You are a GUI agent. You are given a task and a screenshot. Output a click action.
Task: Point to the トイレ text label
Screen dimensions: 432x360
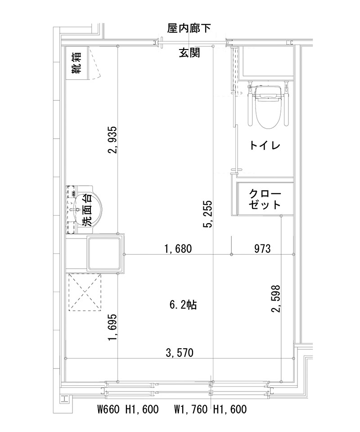[x=265, y=145]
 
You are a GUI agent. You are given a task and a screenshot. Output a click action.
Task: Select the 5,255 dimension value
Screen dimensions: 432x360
[x=207, y=213]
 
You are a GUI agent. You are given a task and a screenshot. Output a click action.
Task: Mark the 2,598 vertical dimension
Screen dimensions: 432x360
[x=275, y=298]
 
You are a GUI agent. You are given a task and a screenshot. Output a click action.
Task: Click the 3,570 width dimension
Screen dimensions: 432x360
[x=180, y=353]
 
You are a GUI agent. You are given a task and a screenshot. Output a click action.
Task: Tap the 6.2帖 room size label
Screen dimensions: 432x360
[x=182, y=305]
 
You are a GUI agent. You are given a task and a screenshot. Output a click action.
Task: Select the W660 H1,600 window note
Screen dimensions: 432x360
[x=128, y=410]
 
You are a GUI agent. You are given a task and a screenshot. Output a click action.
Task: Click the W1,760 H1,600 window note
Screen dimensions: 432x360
[x=210, y=410]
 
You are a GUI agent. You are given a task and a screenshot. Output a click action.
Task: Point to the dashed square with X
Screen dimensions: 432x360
[x=85, y=292]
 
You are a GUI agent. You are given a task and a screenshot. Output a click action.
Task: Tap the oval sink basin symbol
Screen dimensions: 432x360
[x=90, y=209]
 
